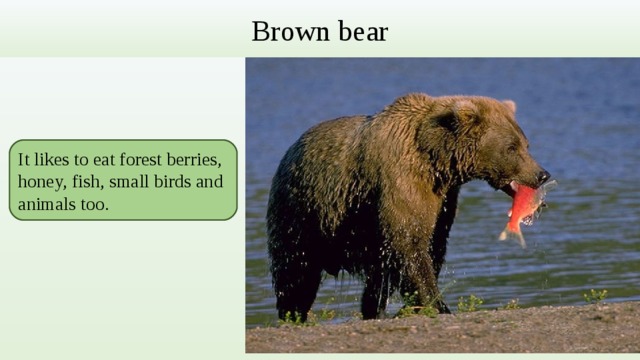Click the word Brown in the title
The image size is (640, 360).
283,32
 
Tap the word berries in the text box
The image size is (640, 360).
207,160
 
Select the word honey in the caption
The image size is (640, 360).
39,182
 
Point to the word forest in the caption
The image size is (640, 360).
148,160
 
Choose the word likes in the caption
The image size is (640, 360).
51,160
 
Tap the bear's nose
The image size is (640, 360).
543,176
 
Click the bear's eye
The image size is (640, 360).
514,146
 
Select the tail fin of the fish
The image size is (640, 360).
512,236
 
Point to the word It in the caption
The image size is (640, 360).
24,160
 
